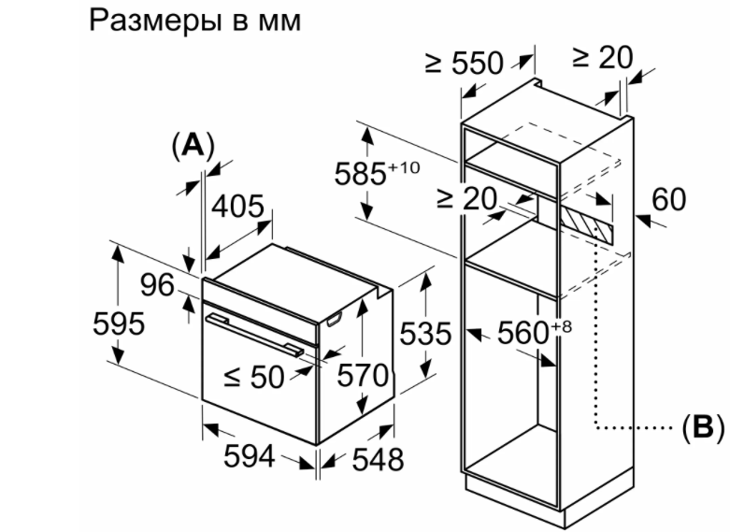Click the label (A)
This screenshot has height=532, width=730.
point(193,145)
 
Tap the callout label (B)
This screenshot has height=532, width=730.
point(702,428)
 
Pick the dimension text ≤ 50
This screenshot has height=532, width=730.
point(253,376)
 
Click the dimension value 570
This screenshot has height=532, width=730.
point(362,376)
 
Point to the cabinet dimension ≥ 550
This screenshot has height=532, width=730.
point(465,63)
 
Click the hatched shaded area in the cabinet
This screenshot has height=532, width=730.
point(586,221)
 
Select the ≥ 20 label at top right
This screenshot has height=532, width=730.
point(601,57)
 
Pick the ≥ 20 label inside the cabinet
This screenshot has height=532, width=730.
point(466,198)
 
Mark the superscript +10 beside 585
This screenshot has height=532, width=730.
point(405,166)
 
